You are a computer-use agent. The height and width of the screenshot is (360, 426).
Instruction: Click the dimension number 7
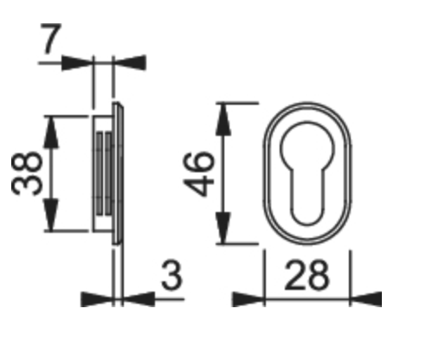click(x=51, y=39)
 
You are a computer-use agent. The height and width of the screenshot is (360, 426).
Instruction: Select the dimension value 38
click(x=27, y=174)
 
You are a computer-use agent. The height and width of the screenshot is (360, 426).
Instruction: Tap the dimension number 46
click(x=199, y=174)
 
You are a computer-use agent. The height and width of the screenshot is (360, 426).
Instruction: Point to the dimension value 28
click(x=307, y=275)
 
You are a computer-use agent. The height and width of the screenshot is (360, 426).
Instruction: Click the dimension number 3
click(x=171, y=275)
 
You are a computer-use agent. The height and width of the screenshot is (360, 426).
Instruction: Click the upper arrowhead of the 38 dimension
click(x=51, y=132)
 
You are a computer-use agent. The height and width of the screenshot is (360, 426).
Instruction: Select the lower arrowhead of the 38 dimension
click(x=51, y=215)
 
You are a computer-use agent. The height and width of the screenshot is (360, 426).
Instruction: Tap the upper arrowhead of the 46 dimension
click(x=223, y=119)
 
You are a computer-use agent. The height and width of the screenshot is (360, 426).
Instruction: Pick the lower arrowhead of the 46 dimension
click(x=223, y=228)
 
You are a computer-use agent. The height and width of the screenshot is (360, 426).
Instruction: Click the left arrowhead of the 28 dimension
click(x=248, y=299)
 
